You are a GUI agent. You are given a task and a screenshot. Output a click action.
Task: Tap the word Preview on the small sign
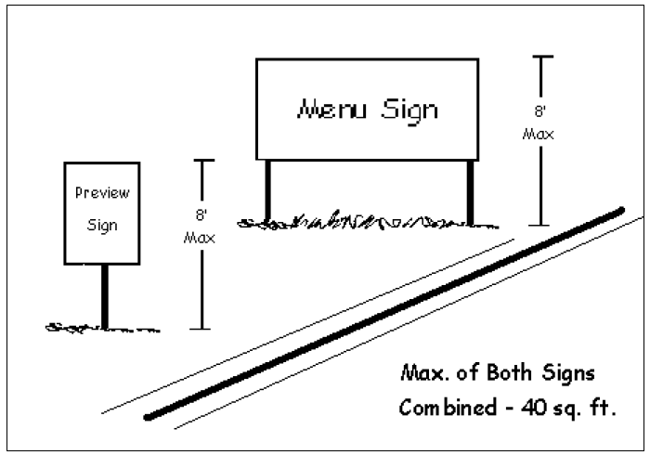tap(101, 194)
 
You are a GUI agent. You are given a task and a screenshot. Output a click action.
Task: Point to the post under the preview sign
tap(104, 295)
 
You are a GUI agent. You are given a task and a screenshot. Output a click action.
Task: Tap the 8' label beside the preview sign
tap(201, 214)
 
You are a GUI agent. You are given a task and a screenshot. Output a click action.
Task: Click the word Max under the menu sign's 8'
tap(539, 134)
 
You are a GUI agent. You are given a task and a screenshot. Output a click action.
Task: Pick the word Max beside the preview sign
tap(201, 238)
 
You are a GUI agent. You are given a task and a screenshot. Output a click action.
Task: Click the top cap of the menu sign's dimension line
tap(539, 57)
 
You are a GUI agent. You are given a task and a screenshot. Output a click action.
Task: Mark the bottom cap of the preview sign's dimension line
tap(201, 329)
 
